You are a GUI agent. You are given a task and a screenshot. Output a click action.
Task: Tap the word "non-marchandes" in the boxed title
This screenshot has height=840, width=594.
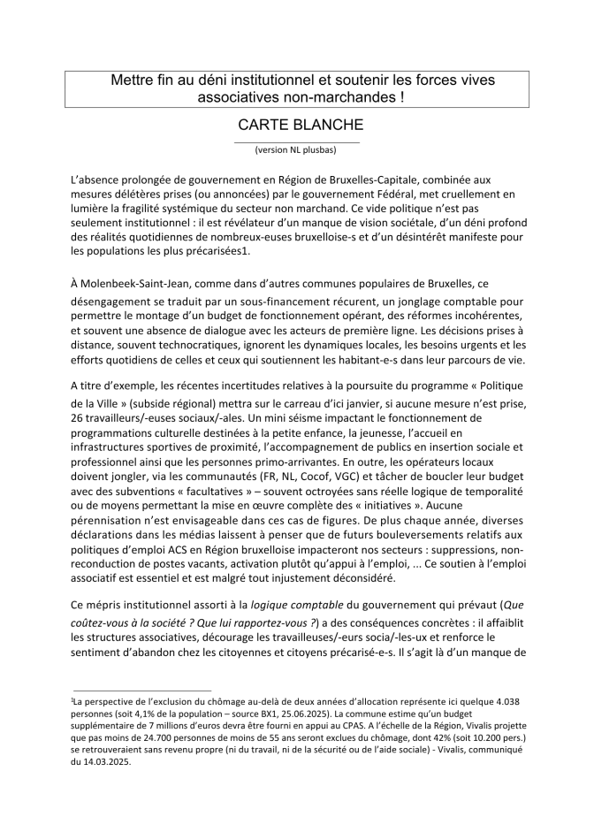pos(345,98)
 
